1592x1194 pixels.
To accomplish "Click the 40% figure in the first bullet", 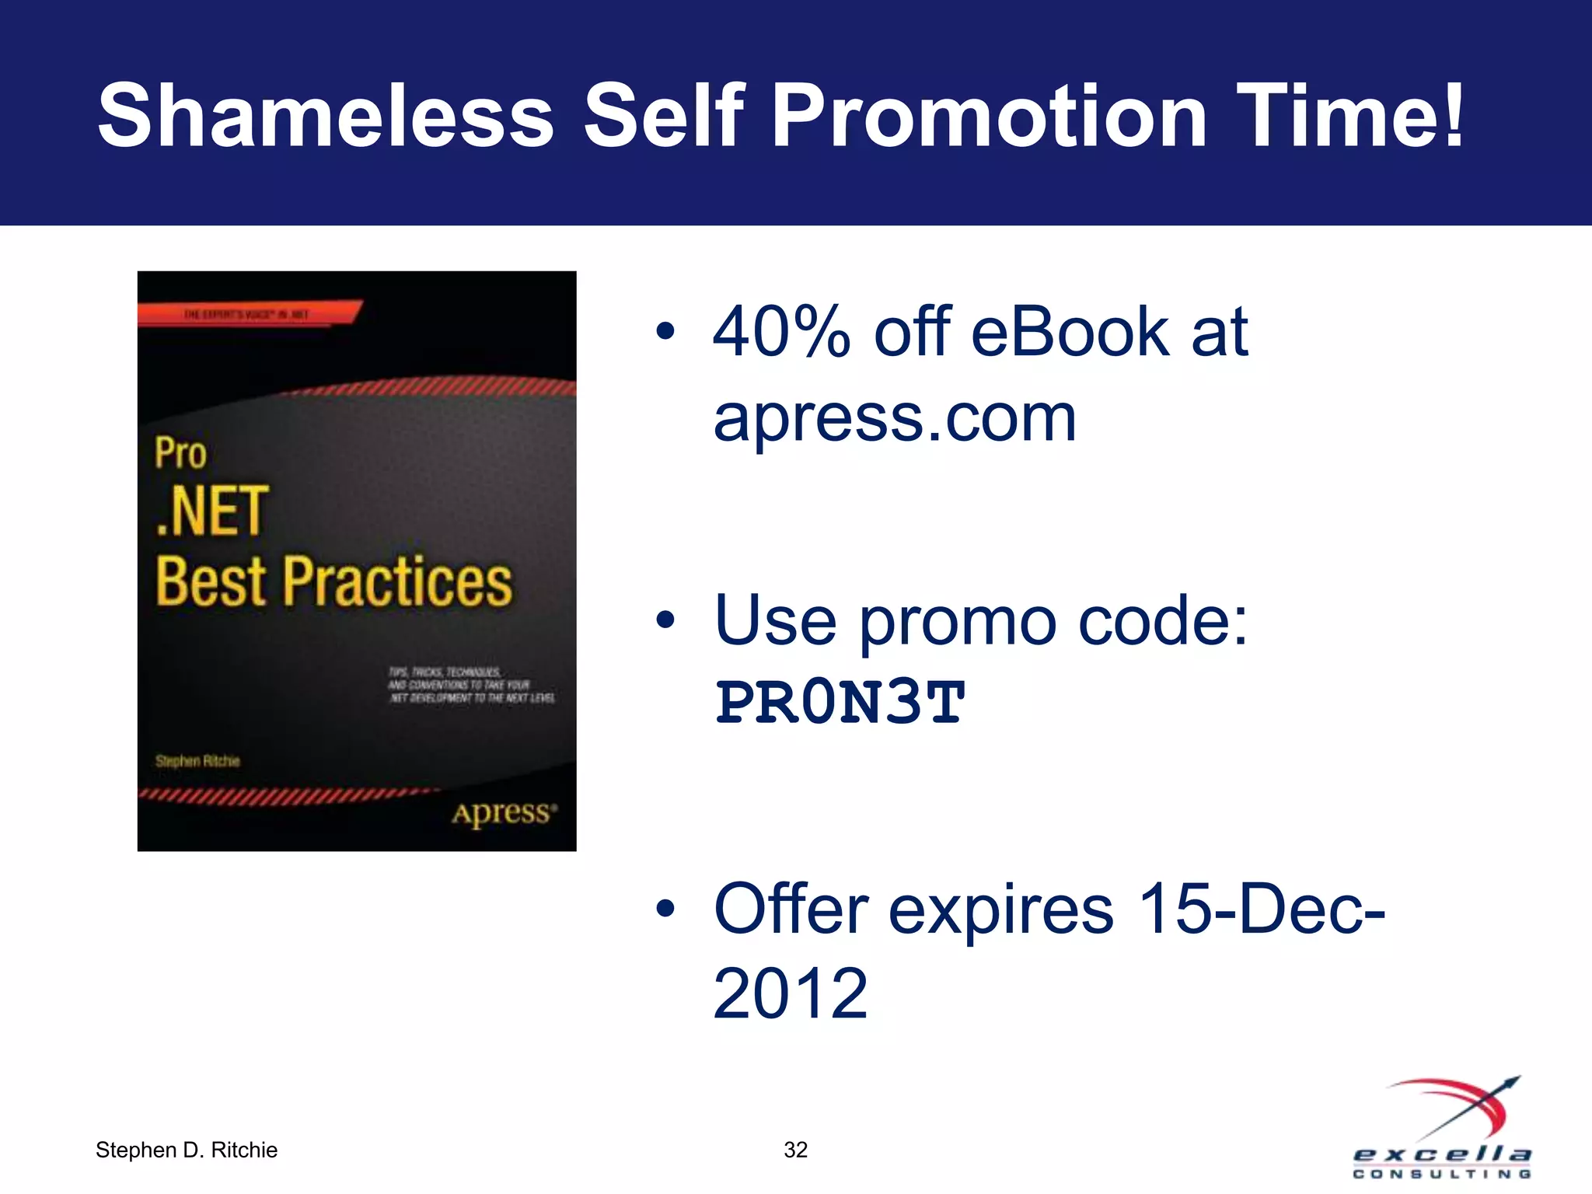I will [x=781, y=333].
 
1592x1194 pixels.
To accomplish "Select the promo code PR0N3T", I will [x=840, y=703].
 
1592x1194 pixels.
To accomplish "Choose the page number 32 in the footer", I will [x=795, y=1150].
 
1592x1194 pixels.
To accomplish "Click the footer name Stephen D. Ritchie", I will [x=187, y=1150].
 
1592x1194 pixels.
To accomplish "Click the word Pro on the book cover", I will [x=180, y=453].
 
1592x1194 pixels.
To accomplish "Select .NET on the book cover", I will [x=212, y=511].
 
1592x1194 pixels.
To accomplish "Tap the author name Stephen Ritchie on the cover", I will [x=197, y=761].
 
